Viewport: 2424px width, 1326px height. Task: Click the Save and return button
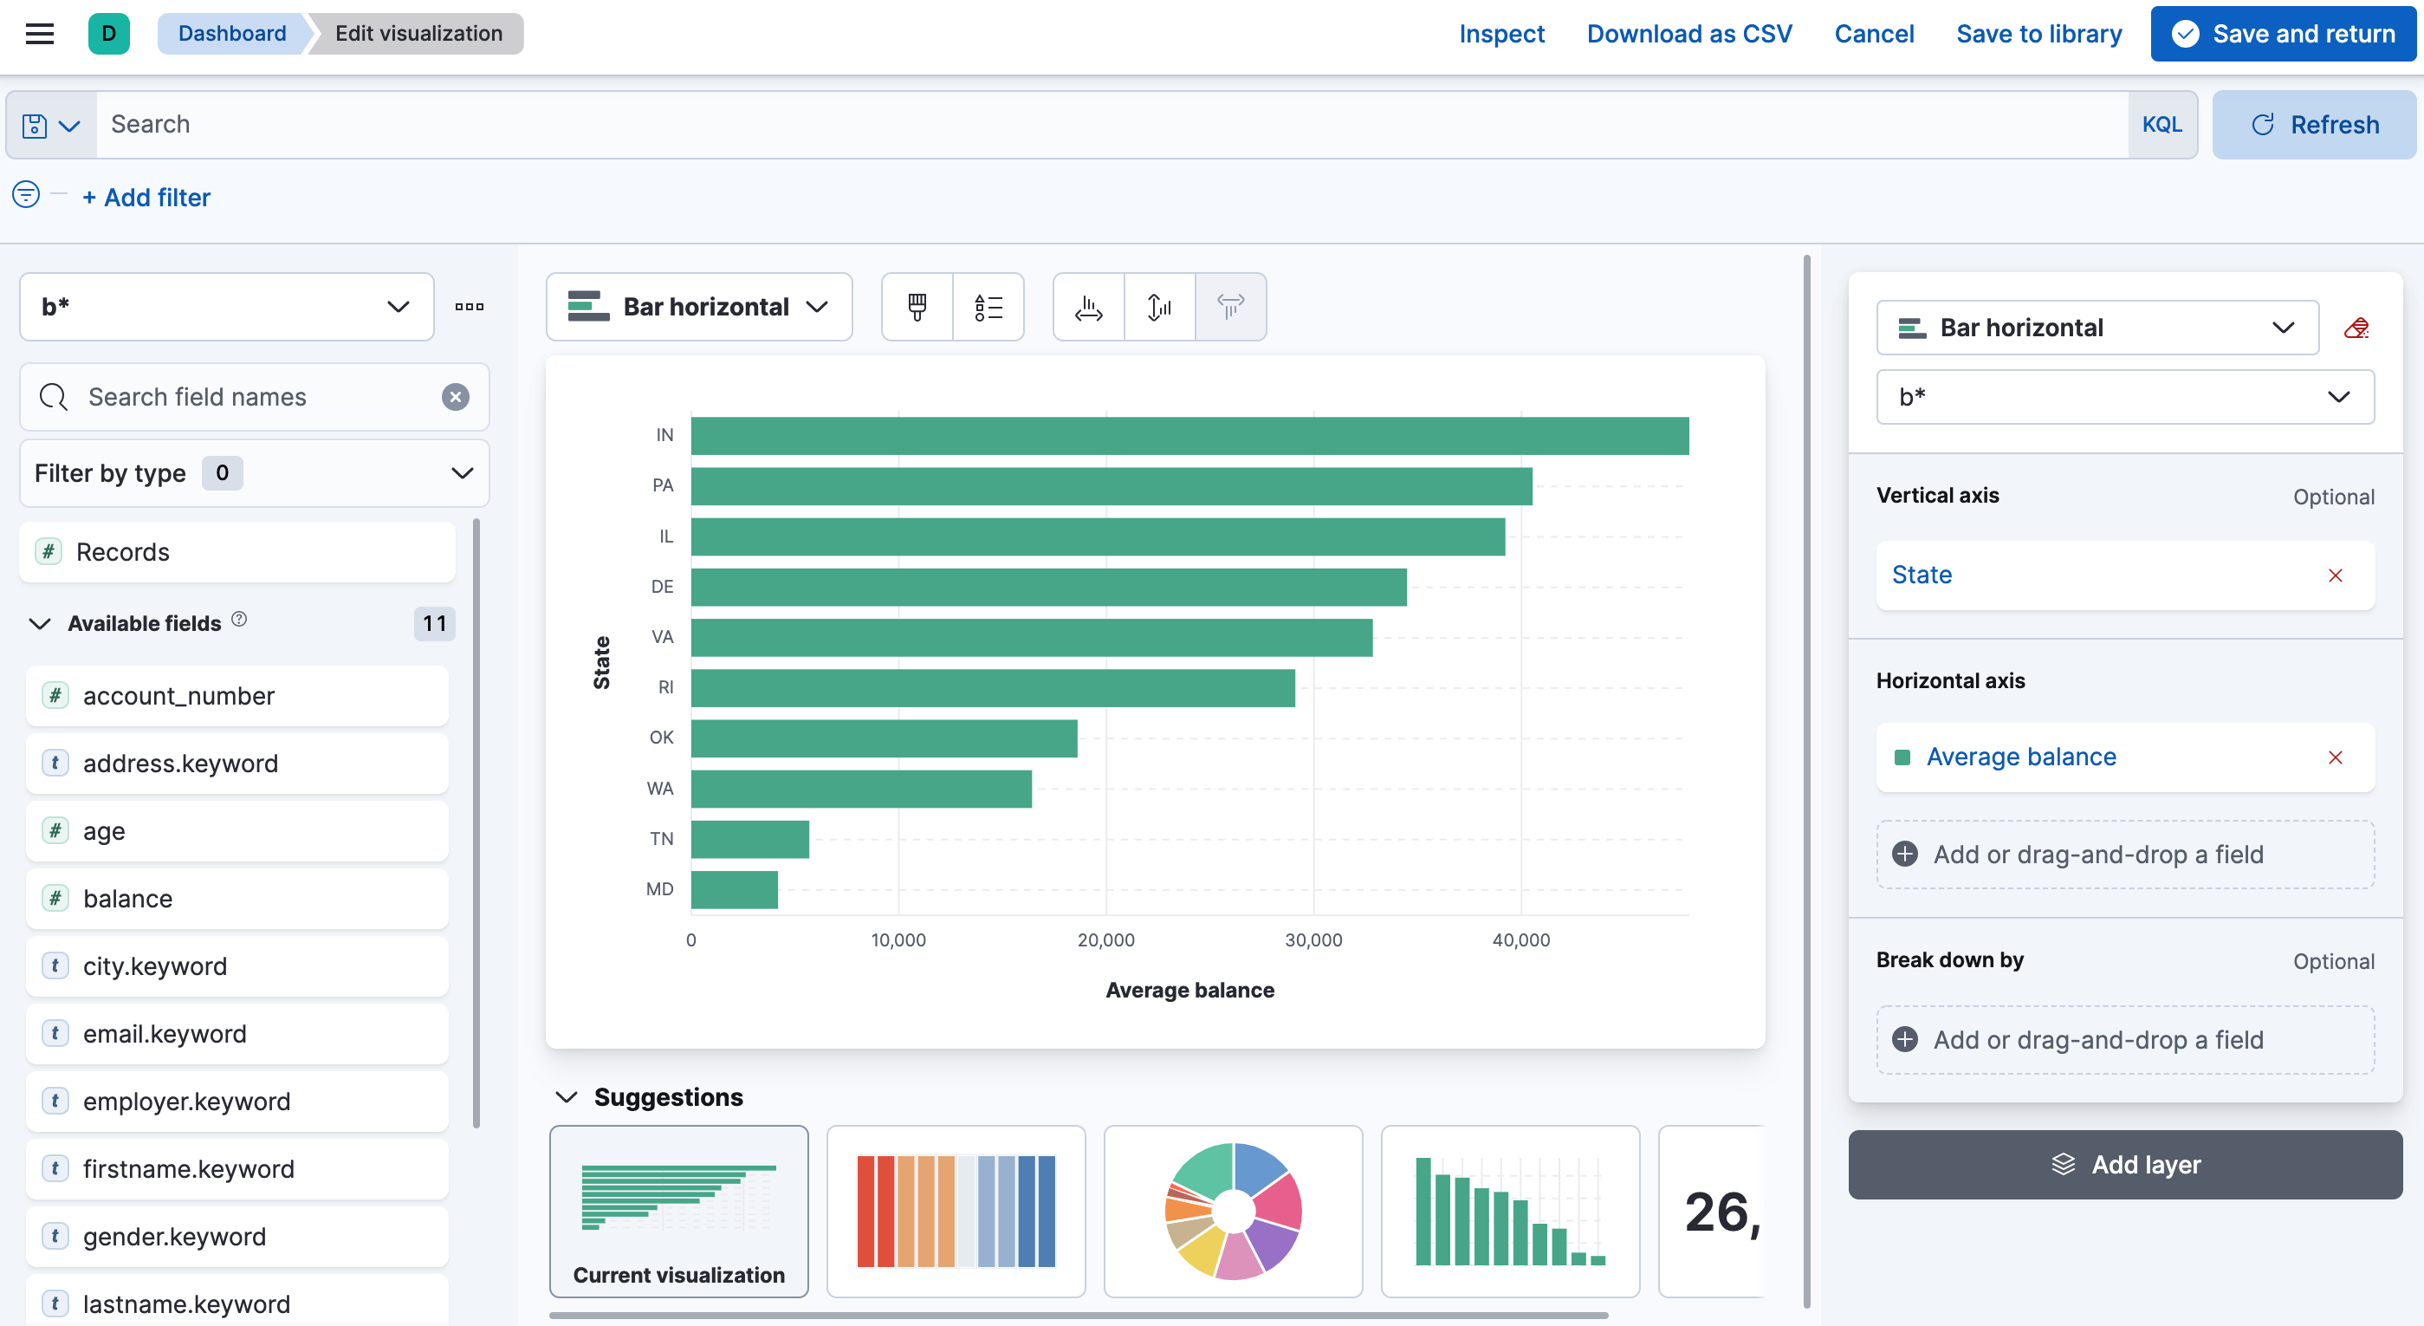point(2283,34)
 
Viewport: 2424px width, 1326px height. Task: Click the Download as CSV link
point(1689,34)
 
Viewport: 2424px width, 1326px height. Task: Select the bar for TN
point(749,839)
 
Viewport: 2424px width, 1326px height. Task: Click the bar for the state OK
point(883,738)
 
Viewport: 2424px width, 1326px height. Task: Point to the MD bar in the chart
point(734,889)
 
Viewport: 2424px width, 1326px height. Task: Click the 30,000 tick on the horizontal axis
point(1312,939)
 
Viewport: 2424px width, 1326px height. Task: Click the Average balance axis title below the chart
point(1189,990)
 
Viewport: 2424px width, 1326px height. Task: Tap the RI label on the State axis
point(665,687)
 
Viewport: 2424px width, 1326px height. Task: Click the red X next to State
point(2335,575)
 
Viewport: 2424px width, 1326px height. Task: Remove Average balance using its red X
point(2335,757)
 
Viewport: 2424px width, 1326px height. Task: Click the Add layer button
point(2124,1164)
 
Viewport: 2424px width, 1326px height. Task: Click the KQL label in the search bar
point(2161,124)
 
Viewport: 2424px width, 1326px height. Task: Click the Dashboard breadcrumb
point(231,34)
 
